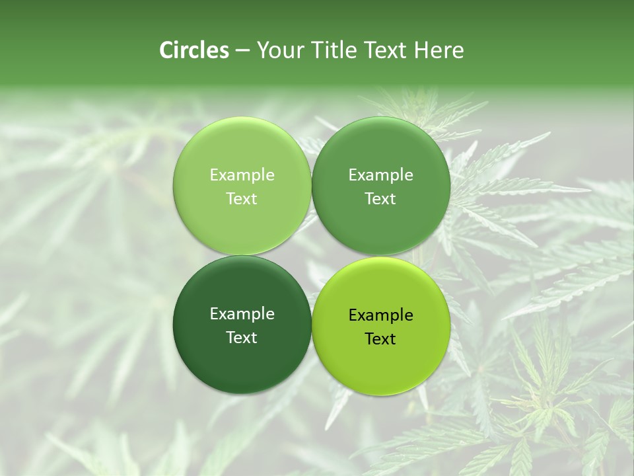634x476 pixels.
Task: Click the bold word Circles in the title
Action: point(194,50)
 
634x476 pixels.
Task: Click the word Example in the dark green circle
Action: point(242,314)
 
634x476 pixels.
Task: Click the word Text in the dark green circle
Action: point(242,337)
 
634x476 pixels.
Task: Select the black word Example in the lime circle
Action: point(381,315)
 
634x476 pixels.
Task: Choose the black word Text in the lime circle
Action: point(381,339)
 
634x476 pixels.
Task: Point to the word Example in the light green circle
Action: point(242,175)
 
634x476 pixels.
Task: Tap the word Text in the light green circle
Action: point(242,198)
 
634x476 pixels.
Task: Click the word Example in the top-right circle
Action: point(381,175)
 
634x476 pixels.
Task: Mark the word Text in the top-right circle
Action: point(381,198)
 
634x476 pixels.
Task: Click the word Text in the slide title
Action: point(386,50)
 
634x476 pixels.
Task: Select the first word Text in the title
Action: point(386,50)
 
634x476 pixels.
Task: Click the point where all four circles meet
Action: point(312,256)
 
